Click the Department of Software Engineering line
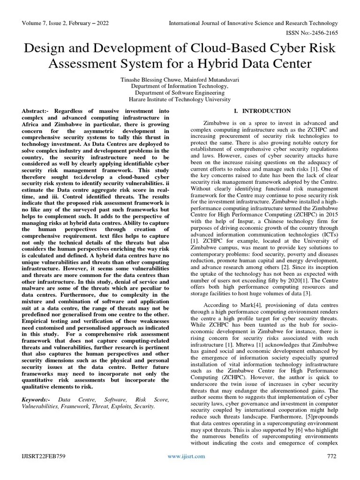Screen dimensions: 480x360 coord(180,93)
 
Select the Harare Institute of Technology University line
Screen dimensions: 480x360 coord(180,99)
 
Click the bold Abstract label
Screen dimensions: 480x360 coord(36,111)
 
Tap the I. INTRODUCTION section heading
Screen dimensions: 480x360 coord(262,111)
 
